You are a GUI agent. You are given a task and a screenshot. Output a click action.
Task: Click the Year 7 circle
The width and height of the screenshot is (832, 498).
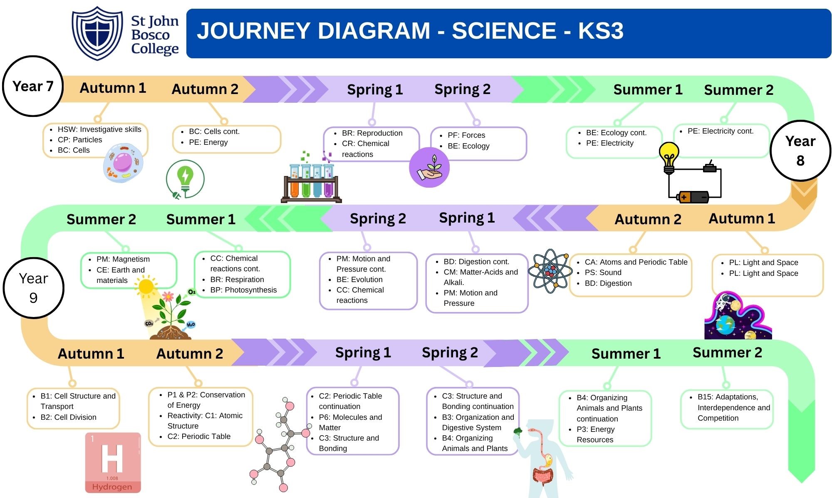(33, 86)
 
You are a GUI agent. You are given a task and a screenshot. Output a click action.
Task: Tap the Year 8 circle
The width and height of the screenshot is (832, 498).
(800, 151)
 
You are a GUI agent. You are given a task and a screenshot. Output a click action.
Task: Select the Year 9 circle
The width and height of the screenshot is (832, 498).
(33, 288)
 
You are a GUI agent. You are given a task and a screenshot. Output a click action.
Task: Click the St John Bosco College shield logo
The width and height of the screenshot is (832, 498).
(97, 33)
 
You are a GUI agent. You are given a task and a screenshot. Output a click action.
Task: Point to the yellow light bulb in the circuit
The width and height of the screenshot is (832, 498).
(669, 156)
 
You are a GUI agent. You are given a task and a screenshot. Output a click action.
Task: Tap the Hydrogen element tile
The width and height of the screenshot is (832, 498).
(112, 462)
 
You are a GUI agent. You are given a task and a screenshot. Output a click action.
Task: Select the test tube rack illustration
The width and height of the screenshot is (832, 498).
(311, 183)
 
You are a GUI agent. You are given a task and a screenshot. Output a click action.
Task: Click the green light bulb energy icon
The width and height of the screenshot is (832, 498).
(185, 179)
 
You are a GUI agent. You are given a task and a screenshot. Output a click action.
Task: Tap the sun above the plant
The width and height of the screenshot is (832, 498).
(146, 287)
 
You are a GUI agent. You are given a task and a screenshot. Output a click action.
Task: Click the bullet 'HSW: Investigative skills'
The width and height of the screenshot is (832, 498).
(99, 129)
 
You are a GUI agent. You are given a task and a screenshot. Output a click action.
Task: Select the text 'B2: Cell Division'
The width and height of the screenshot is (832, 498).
(68, 417)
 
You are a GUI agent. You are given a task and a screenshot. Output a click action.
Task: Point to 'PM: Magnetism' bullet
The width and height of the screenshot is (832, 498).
(123, 259)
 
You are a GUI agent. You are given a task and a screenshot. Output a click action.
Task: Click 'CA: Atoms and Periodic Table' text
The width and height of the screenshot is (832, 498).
(636, 262)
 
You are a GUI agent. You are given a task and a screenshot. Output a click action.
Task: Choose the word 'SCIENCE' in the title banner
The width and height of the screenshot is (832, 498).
(504, 31)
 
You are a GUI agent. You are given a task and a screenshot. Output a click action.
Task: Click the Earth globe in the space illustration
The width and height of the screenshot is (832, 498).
(725, 325)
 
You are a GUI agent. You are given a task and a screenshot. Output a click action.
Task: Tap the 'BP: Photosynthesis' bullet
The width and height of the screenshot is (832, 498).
(243, 290)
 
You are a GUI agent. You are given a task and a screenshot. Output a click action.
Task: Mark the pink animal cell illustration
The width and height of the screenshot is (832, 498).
(123, 163)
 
